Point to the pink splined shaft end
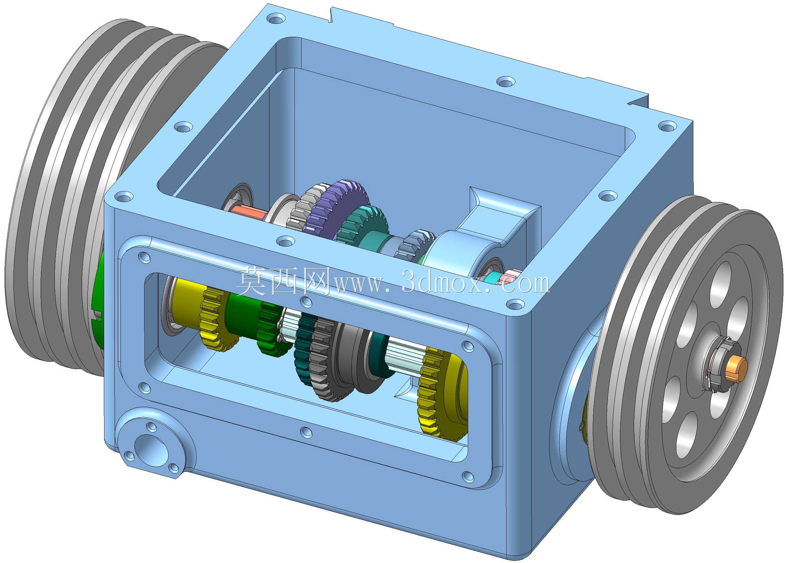pos(507,277)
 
